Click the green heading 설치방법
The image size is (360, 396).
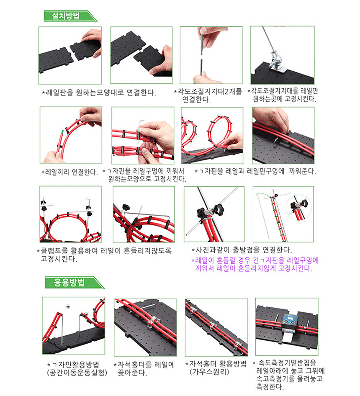[x=65, y=16]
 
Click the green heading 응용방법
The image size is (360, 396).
[x=69, y=283]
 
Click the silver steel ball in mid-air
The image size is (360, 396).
[x=67, y=306]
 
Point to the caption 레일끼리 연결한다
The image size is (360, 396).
[x=69, y=172]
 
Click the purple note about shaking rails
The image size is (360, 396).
[x=255, y=264]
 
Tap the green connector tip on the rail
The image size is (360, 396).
[x=62, y=132]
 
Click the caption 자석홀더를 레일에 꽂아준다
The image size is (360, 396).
[x=144, y=369]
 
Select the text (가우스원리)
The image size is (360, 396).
[x=209, y=372]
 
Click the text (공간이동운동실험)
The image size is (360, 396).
[x=77, y=373]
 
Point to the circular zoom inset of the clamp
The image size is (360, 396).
[x=299, y=207]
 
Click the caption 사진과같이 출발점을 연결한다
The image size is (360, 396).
[x=242, y=250]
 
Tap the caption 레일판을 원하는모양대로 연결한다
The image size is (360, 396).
[x=99, y=93]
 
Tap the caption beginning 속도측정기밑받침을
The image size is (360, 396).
[x=289, y=375]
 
